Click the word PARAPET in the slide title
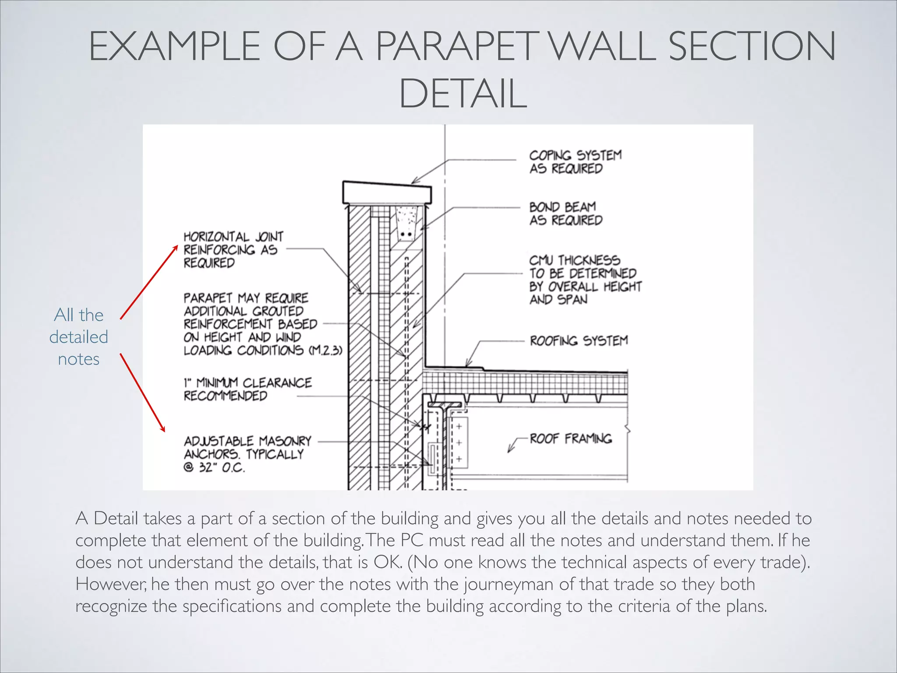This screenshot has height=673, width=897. click(456, 46)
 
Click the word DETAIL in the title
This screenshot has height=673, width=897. click(463, 94)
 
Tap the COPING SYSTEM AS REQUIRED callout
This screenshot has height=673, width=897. click(575, 162)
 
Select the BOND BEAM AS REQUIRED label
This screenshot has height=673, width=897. click(565, 213)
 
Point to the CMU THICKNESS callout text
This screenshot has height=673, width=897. click(585, 280)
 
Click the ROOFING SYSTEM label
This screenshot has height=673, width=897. click(579, 341)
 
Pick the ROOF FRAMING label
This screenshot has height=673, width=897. click(570, 439)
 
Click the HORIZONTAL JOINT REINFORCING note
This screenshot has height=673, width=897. click(233, 250)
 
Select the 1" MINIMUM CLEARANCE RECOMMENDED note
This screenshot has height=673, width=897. click(247, 389)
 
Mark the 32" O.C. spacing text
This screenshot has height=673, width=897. click(222, 468)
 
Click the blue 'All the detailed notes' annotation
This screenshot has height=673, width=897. click(79, 337)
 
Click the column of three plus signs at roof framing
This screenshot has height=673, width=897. click(459, 443)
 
